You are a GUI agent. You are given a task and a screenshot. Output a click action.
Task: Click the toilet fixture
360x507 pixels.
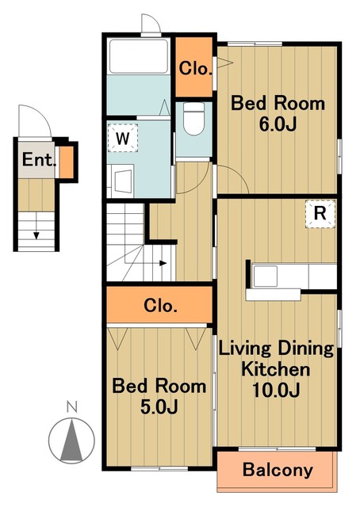[x=193, y=119]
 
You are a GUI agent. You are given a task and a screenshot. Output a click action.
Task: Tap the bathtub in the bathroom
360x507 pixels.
[x=139, y=56]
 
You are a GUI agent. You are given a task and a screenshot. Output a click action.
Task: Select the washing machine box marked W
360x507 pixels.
[x=122, y=138]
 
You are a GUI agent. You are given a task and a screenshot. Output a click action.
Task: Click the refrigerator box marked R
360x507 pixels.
[x=320, y=214]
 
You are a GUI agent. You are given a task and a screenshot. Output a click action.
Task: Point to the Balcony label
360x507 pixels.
[x=278, y=470]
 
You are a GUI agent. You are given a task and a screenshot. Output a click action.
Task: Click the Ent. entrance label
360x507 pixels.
[x=38, y=159]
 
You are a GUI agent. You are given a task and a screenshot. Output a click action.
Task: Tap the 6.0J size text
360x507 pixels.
[x=278, y=124]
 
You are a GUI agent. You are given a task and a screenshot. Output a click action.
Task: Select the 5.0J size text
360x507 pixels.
[x=159, y=407]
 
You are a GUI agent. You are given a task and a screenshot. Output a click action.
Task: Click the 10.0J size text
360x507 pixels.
[x=276, y=390]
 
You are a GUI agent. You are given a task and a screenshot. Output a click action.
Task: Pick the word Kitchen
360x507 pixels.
[x=276, y=369]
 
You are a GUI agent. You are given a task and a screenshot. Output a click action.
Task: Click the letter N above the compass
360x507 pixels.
[x=72, y=406]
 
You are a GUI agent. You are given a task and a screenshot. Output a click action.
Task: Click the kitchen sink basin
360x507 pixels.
[x=265, y=276]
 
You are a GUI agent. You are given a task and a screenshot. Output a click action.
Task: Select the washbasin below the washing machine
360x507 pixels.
[x=122, y=181]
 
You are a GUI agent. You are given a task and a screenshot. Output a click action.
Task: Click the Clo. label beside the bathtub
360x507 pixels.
[x=195, y=69]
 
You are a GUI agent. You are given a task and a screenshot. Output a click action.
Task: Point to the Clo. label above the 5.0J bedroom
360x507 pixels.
[x=160, y=306]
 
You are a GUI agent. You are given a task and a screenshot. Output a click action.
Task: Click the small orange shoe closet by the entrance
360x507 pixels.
[x=67, y=162]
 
